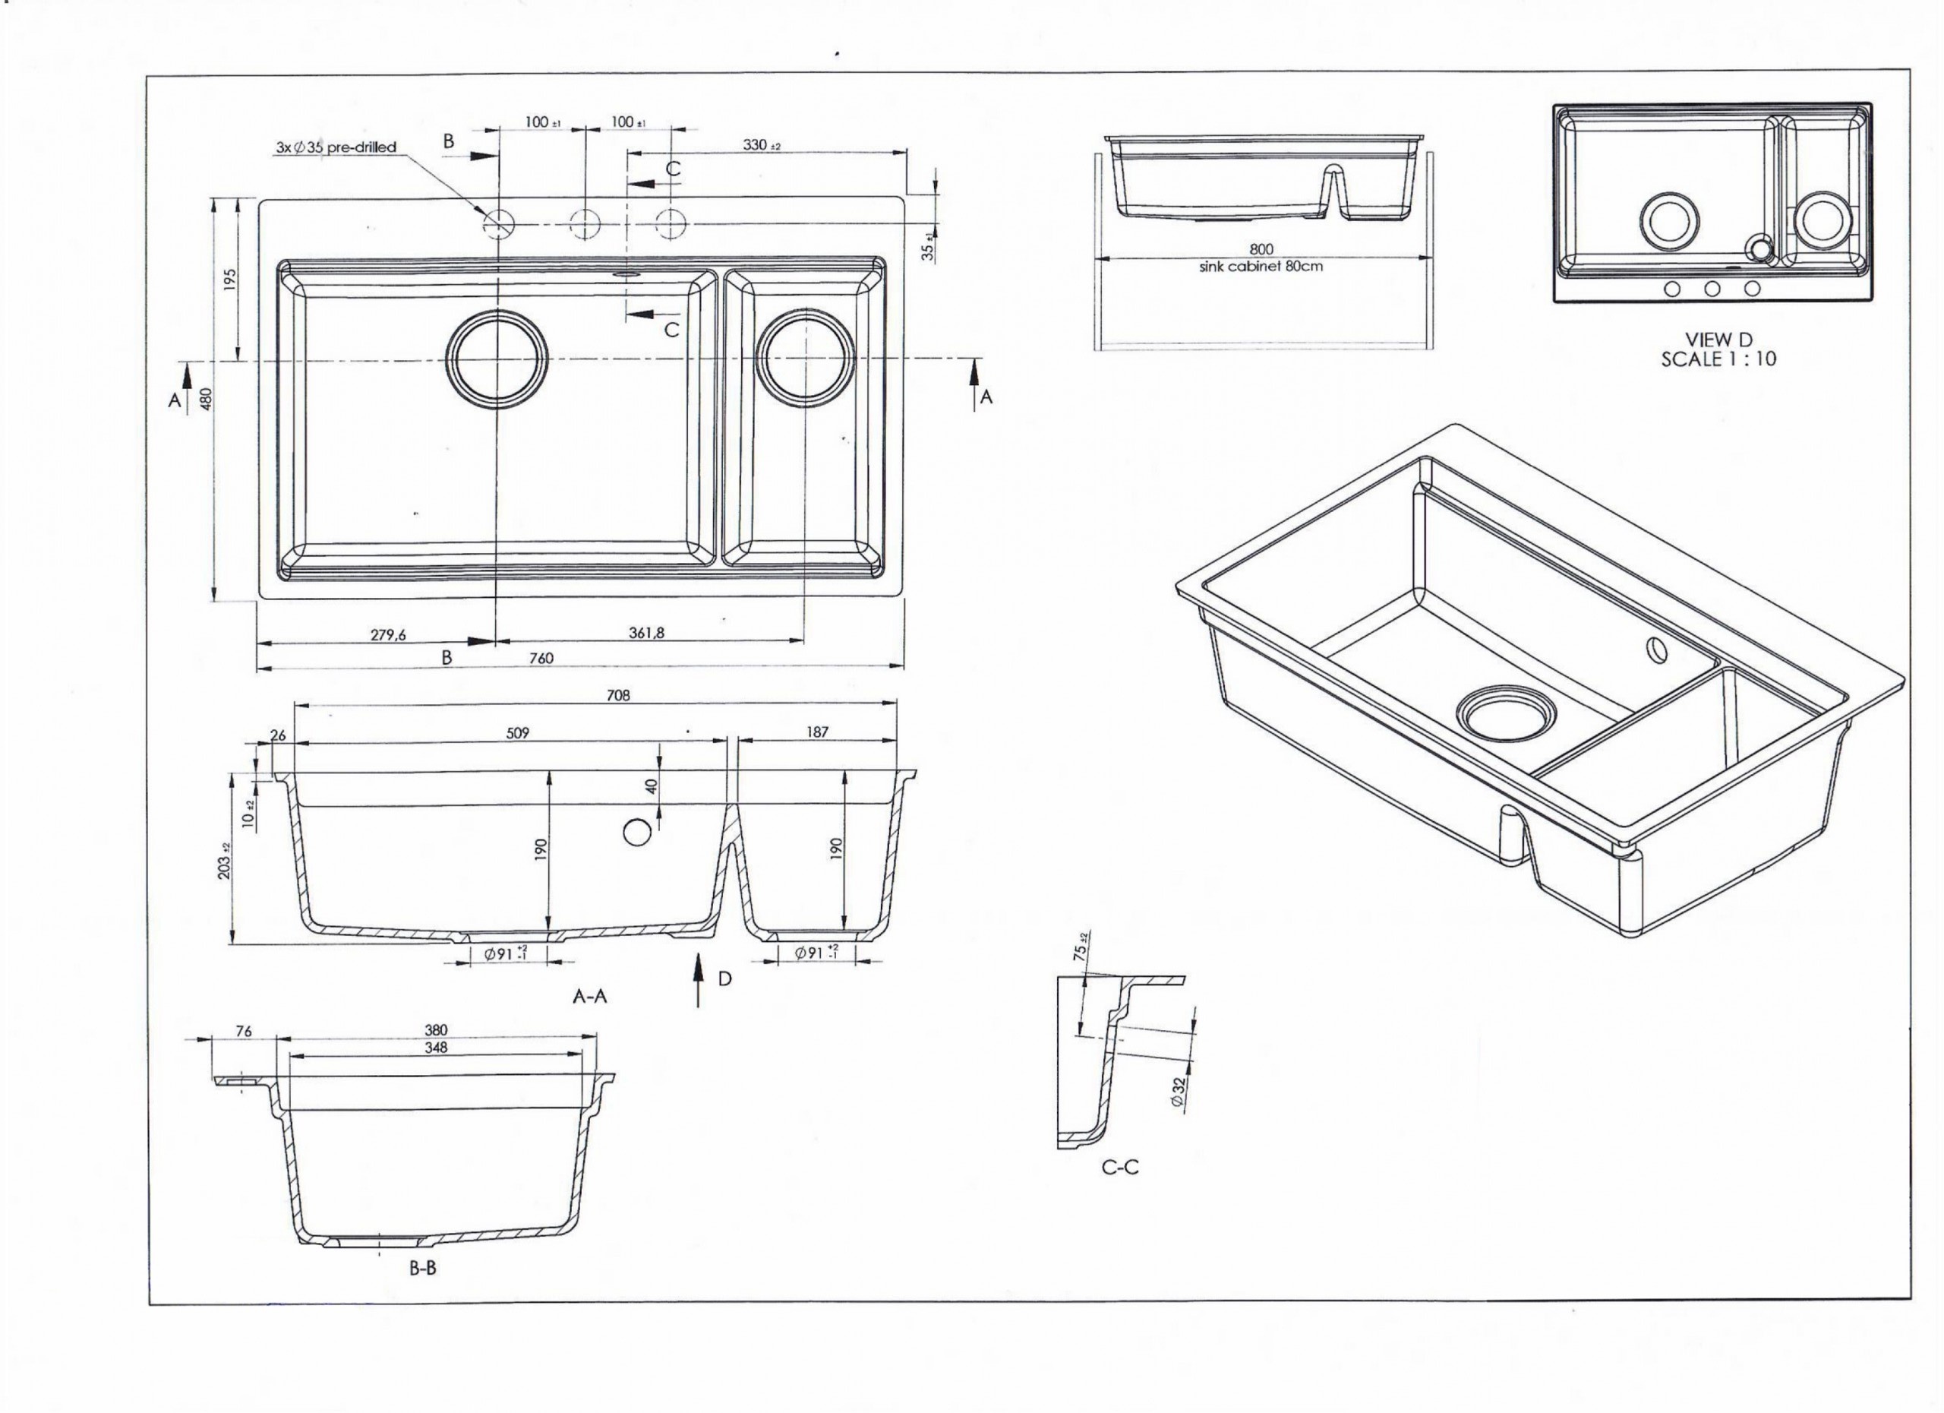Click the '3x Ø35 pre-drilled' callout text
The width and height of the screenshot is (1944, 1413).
point(336,147)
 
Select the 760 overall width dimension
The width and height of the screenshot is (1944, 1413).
point(541,658)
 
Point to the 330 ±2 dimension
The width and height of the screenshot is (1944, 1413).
point(760,145)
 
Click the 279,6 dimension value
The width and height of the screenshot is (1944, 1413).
point(388,634)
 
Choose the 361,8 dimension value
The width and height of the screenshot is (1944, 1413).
point(646,633)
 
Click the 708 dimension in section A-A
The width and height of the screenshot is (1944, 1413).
point(618,695)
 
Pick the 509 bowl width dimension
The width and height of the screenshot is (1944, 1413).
point(518,733)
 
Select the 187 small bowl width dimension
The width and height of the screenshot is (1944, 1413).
point(818,732)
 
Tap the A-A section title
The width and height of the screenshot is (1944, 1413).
point(590,996)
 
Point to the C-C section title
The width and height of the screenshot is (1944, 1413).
point(1120,1167)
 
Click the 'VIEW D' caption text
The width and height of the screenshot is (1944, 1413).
point(1718,340)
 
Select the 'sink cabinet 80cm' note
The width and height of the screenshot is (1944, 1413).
point(1261,266)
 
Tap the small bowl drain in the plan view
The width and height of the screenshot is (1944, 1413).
point(804,358)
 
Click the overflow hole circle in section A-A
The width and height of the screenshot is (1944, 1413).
point(637,831)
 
